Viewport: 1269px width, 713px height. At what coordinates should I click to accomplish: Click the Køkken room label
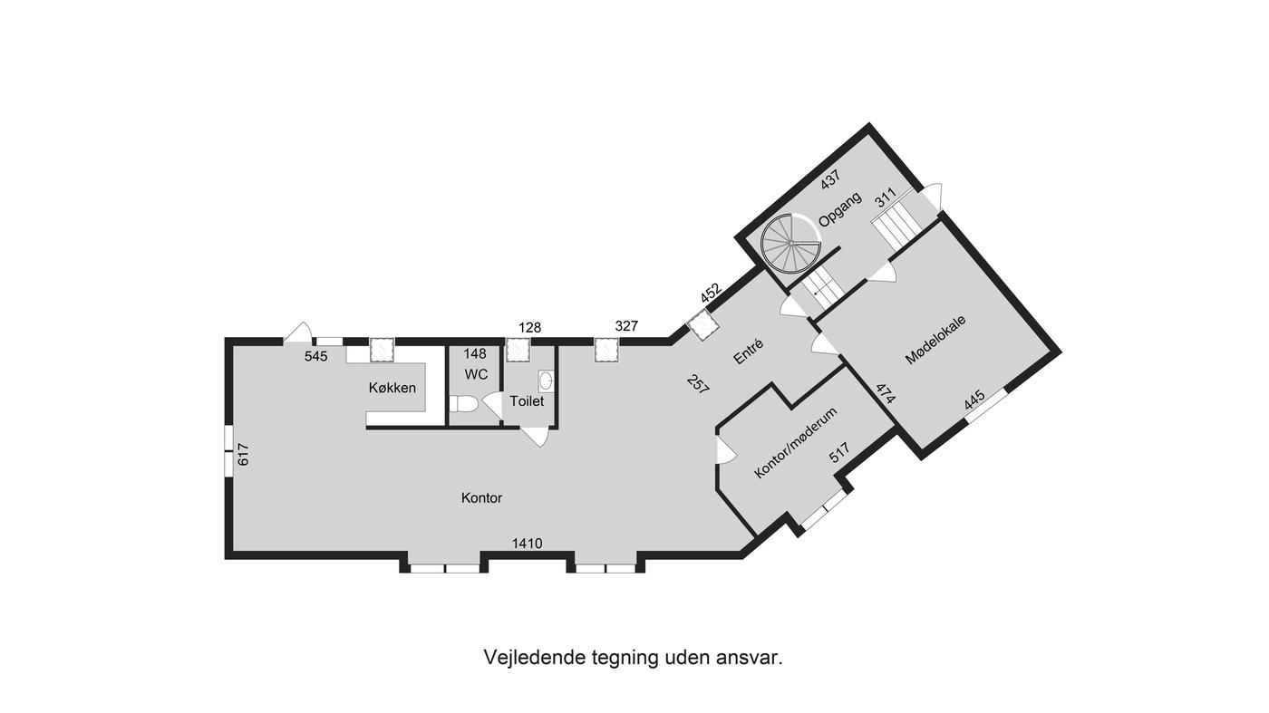392,388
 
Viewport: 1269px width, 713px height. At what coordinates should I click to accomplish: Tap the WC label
476,374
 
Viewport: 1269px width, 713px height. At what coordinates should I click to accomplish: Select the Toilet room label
527,401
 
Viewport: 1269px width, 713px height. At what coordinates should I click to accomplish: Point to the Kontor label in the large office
481,497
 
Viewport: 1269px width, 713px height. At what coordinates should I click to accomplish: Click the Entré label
749,352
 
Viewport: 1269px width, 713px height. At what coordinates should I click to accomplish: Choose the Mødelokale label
935,339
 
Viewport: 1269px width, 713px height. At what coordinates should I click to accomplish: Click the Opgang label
840,209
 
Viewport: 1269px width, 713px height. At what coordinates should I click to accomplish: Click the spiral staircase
790,243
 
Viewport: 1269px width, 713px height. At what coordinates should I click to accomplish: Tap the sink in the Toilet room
546,381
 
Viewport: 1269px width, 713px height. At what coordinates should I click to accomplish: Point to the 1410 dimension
527,544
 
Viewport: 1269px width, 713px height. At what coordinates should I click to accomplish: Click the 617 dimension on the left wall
243,454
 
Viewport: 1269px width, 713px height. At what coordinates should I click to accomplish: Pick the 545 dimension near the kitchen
316,356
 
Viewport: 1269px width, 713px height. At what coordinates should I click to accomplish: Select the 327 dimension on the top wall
626,326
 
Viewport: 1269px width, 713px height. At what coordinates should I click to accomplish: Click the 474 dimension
886,393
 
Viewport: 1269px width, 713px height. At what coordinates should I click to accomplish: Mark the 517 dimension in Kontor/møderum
839,452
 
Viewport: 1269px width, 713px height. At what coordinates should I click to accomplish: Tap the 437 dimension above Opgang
830,179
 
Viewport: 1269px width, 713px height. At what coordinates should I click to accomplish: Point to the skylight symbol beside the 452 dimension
703,325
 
